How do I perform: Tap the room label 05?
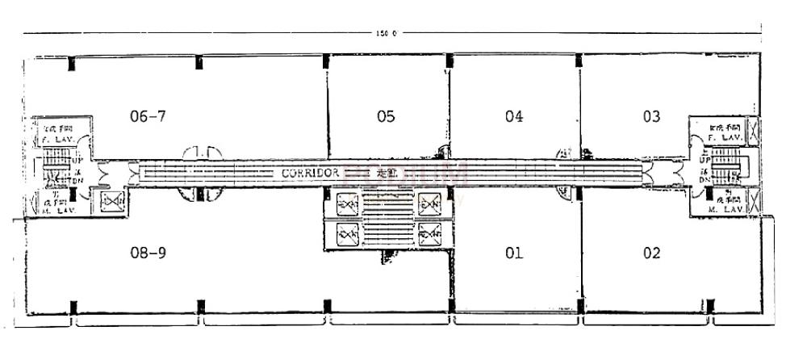click(x=386, y=116)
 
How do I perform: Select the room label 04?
click(x=514, y=116)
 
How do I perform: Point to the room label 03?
click(x=651, y=116)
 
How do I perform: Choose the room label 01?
click(x=513, y=253)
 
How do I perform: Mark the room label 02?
click(x=652, y=253)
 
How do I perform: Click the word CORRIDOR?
click(x=310, y=173)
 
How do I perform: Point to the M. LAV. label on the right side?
click(x=724, y=209)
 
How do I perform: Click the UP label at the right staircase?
click(x=705, y=161)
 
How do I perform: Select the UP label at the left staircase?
click(x=79, y=161)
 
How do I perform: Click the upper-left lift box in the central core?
click(x=348, y=203)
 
